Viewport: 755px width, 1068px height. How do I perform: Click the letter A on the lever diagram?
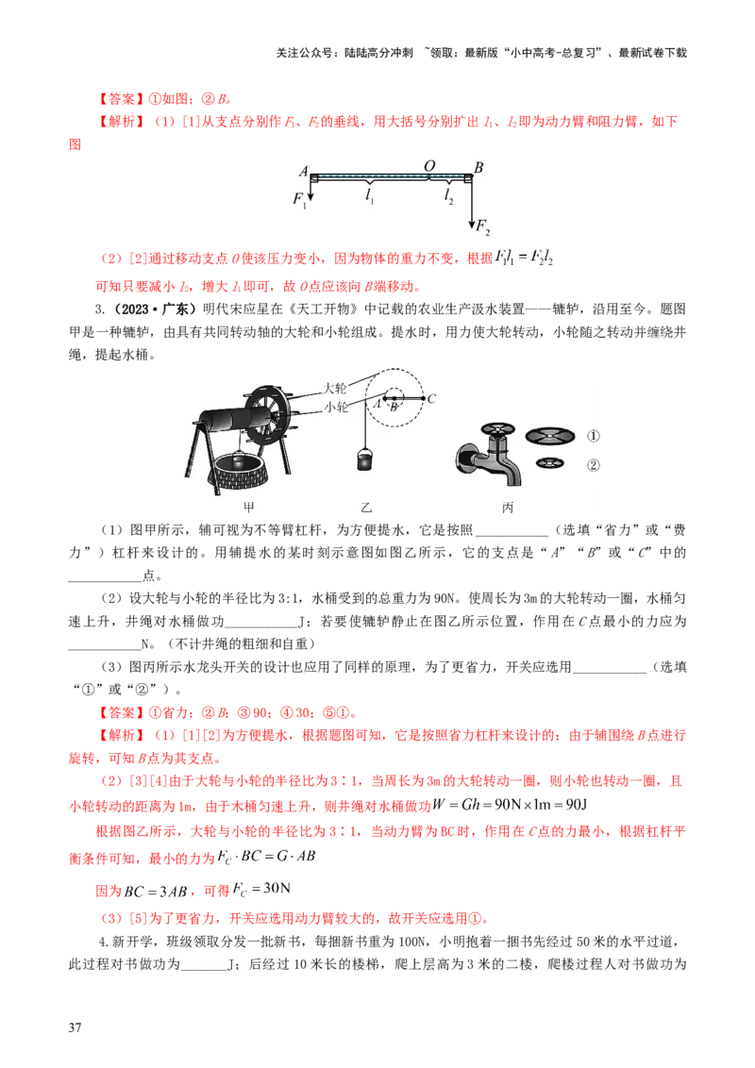(303, 171)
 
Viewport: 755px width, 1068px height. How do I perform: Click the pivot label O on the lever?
(429, 166)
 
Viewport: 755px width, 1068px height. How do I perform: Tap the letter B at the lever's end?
(478, 168)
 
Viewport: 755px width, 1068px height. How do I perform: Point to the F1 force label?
(299, 199)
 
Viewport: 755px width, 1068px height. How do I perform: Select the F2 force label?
(482, 225)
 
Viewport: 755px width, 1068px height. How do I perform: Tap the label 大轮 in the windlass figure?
(335, 388)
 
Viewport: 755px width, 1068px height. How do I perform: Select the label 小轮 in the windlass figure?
(335, 407)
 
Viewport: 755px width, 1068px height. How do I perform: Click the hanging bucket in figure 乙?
(363, 459)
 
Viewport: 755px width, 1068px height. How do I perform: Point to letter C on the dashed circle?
(431, 399)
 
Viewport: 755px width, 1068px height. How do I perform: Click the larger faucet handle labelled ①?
(550, 436)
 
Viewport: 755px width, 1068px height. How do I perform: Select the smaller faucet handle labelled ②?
(549, 463)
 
